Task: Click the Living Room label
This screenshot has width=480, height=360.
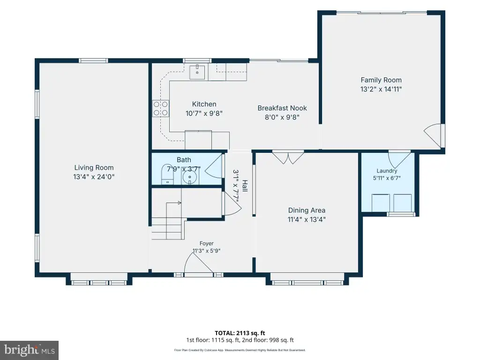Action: point(94,168)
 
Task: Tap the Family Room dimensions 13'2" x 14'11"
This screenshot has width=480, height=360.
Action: point(381,89)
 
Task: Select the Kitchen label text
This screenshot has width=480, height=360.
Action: point(204,104)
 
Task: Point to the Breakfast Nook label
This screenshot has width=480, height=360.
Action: point(282,108)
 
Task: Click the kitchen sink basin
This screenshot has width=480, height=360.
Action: point(197,72)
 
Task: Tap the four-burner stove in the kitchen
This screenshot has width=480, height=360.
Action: point(161,109)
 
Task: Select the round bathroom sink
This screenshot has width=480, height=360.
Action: point(190,177)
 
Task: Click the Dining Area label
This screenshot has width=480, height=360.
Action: point(307,210)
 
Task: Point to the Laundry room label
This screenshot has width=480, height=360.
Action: point(387,171)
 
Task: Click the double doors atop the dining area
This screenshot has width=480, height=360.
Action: point(288,157)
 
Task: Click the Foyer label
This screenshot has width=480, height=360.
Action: point(207,243)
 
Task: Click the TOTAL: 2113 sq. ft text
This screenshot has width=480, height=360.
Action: point(240,333)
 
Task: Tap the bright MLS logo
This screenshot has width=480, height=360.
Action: point(30,350)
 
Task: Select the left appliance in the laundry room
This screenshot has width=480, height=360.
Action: point(381,202)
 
